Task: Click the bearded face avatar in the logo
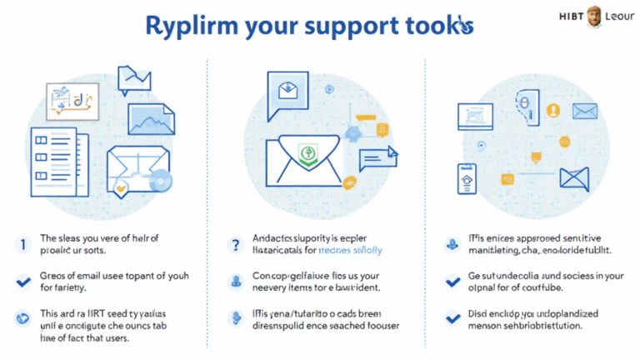[x=593, y=16]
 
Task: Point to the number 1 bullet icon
[x=22, y=245]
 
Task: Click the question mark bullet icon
[x=236, y=244]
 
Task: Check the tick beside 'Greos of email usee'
[x=23, y=282]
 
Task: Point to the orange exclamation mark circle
[x=551, y=110]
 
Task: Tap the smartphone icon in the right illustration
[x=465, y=179]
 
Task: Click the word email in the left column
[x=90, y=276]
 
